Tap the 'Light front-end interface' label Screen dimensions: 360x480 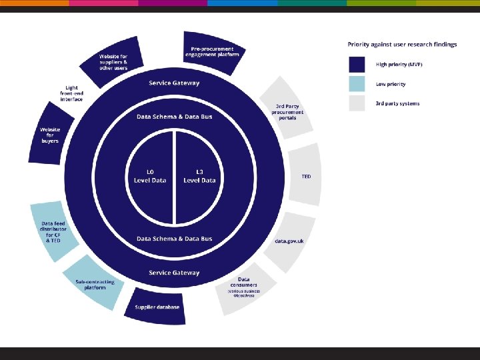tap(72, 93)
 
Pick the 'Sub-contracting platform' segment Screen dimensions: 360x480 tap(94, 283)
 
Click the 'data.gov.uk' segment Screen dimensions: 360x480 tap(289, 241)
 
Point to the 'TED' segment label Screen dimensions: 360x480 tap(306, 177)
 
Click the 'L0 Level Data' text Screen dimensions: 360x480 tap(150, 176)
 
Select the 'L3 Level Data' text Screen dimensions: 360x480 tap(199, 176)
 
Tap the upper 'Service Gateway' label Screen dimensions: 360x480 tap(174, 83)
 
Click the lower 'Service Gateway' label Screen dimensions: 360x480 tap(174, 273)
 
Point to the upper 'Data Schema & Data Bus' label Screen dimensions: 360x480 tap(174, 116)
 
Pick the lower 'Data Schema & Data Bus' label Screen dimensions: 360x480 tap(174, 239)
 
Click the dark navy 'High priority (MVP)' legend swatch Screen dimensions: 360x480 tap(357, 65)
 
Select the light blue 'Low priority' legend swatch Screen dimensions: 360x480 tap(357, 84)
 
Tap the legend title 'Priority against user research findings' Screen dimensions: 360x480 tap(402, 45)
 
